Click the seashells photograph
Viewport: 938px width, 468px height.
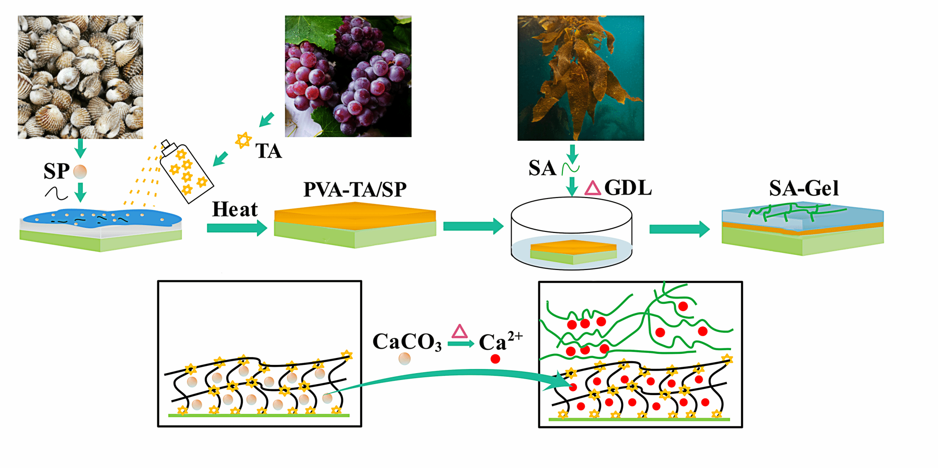[80, 77]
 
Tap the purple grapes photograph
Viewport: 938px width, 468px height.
[348, 76]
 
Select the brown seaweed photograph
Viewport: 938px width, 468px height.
[580, 78]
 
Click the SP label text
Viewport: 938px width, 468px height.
[56, 171]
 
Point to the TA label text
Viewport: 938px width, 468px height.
[268, 151]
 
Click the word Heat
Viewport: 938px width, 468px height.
[234, 209]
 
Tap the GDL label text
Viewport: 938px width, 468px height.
[628, 188]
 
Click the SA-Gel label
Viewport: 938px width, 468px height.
[804, 188]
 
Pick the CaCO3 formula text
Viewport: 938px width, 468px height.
[407, 342]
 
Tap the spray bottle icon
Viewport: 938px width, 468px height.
[185, 172]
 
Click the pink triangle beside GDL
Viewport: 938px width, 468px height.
[593, 188]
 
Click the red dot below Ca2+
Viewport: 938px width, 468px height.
[495, 359]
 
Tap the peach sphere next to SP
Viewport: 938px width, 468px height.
[80, 171]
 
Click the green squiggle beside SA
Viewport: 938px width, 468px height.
[571, 169]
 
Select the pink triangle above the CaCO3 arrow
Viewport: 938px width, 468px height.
[459, 331]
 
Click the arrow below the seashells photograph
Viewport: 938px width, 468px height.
[81, 148]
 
